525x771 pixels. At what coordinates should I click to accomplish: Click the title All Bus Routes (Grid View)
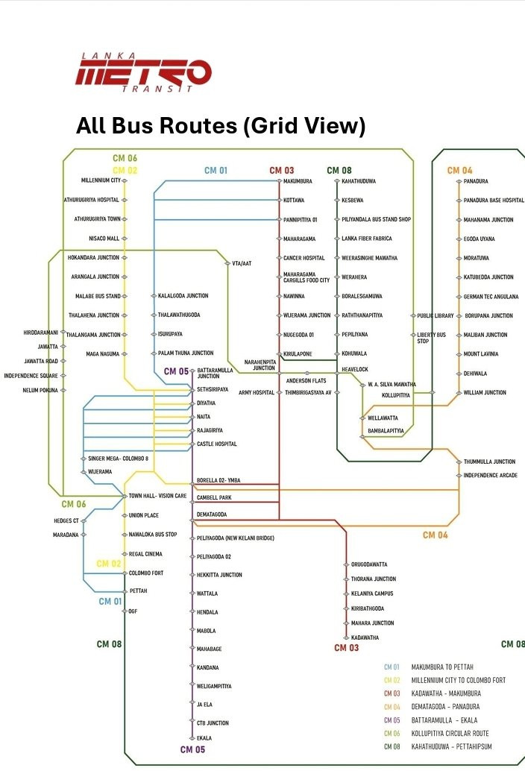(x=221, y=125)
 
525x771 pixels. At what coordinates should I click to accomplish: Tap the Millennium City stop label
(x=101, y=180)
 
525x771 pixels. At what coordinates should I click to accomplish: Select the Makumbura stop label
(x=298, y=181)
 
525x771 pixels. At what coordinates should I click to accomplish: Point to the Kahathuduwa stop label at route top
(x=359, y=181)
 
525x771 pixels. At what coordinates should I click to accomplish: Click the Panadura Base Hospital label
(x=494, y=200)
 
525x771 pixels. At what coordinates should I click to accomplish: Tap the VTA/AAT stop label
(x=242, y=263)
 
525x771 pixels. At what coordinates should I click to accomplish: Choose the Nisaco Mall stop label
(x=104, y=239)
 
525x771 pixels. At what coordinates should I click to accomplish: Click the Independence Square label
(x=31, y=376)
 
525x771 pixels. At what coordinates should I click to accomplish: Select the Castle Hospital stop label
(x=217, y=444)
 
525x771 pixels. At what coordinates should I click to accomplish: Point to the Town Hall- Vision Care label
(x=158, y=496)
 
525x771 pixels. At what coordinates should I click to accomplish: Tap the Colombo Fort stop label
(x=146, y=573)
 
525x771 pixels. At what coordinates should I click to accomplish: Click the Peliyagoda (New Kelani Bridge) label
(x=236, y=538)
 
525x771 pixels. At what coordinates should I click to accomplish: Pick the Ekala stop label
(x=204, y=738)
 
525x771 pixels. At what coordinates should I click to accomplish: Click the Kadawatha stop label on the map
(x=365, y=638)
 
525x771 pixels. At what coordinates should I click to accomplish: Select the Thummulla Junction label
(x=490, y=462)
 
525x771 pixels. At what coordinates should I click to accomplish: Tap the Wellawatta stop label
(x=383, y=418)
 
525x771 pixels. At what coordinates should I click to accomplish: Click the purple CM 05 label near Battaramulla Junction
(x=176, y=371)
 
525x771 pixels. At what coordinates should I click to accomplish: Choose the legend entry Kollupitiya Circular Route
(x=450, y=733)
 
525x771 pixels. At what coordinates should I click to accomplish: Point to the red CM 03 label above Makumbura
(x=282, y=170)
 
